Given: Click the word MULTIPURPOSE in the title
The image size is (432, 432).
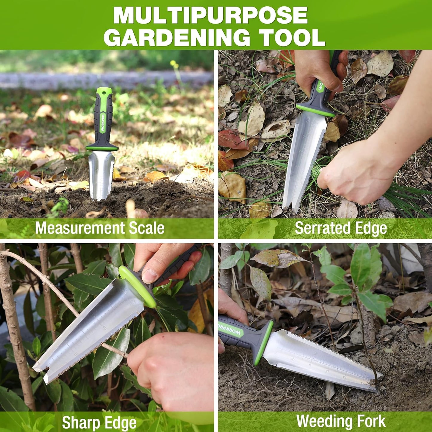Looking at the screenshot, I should tap(210, 15).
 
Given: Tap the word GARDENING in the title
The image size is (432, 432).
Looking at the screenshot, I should tap(179, 38).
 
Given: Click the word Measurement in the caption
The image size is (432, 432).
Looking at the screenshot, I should tap(80, 228).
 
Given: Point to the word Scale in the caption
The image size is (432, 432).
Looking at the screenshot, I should tap(147, 228).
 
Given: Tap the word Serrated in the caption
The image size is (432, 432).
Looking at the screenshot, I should tap(317, 228).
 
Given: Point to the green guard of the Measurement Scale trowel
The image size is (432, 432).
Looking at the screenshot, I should tap(102, 148).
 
